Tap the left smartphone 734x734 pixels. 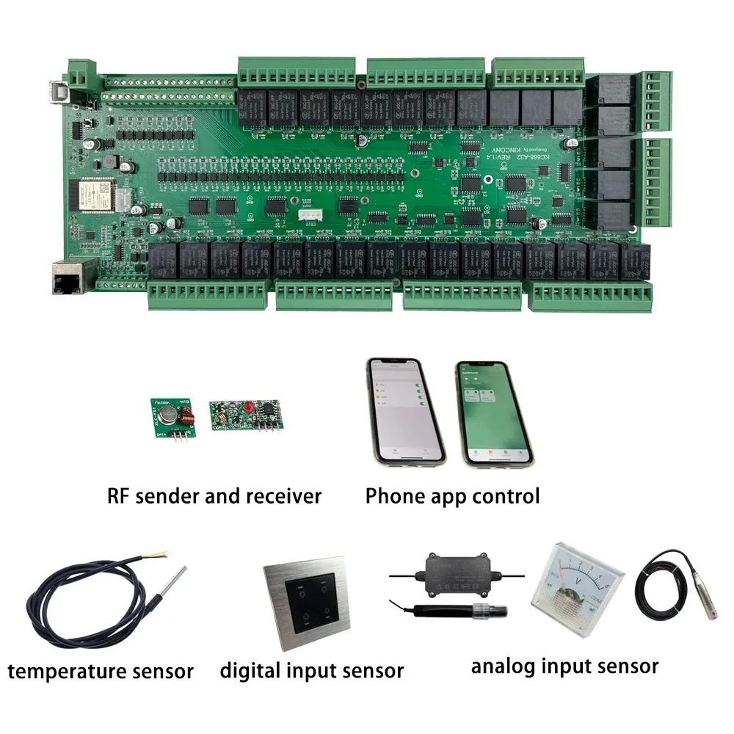pyautogui.click(x=406, y=410)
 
